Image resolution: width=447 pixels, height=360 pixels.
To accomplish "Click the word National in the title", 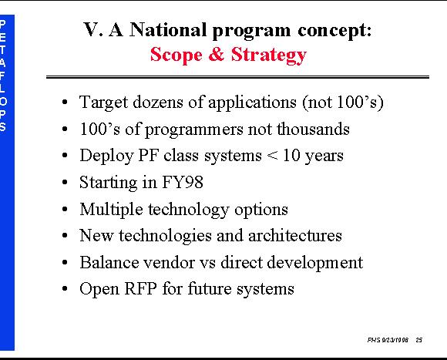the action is (x=168, y=29).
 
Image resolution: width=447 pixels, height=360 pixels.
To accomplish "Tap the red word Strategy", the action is (x=268, y=56).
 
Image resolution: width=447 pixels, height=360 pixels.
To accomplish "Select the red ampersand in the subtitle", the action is (x=217, y=54).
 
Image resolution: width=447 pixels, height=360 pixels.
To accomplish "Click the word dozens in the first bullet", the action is (x=158, y=102).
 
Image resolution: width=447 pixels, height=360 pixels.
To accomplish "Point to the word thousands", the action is (x=313, y=129).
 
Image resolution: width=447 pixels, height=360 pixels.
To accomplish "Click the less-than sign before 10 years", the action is (x=272, y=156).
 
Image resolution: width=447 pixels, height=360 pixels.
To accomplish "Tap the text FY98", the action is (x=183, y=182).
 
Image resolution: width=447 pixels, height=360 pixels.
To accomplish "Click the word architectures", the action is (x=295, y=236).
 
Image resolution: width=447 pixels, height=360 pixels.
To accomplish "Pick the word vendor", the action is (x=169, y=263).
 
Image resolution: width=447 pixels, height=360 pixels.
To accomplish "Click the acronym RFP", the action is (x=140, y=288).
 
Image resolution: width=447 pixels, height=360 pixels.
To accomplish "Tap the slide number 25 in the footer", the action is (x=418, y=340).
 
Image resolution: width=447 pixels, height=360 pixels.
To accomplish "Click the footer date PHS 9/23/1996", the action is (x=388, y=340).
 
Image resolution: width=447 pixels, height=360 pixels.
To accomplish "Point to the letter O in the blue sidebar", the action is (x=3, y=102).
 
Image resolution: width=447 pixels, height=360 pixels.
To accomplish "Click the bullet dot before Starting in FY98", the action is (x=65, y=183).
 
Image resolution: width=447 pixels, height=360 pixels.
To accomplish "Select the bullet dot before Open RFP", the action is (x=65, y=289).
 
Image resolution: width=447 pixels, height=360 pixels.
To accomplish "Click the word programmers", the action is (x=194, y=130).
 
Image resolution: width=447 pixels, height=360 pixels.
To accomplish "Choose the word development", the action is (x=315, y=263).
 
